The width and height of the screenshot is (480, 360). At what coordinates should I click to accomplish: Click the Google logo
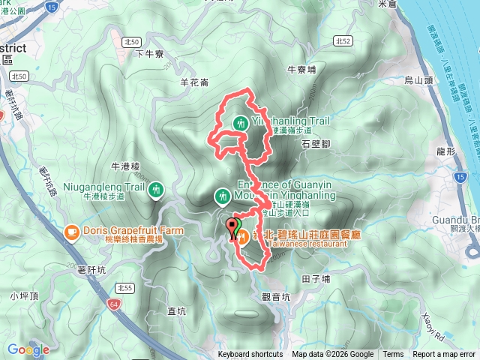point(28,349)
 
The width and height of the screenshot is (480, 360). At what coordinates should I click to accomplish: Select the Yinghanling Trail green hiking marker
point(241,123)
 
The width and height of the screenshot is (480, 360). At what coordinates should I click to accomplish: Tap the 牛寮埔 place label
point(303,70)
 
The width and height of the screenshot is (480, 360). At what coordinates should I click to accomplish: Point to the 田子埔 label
point(316,277)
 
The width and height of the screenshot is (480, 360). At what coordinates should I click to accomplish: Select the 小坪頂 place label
point(24,295)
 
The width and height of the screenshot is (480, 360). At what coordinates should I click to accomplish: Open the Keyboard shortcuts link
point(250,355)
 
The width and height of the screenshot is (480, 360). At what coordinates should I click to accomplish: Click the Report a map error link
point(445,355)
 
